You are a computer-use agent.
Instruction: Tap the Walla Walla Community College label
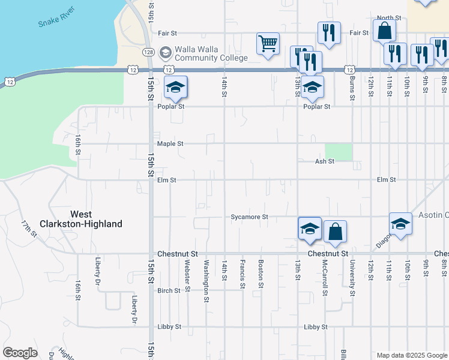click(210, 54)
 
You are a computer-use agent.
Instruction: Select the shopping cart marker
click(268, 44)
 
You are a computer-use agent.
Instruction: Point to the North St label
click(389, 19)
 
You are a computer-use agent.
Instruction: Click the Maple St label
click(170, 144)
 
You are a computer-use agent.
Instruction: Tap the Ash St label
click(324, 161)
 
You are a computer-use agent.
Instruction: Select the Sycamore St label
click(249, 216)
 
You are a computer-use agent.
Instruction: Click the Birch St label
click(169, 291)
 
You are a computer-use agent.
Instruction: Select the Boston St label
click(261, 274)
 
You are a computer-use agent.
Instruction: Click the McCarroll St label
click(324, 278)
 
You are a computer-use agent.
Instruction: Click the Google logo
click(20, 353)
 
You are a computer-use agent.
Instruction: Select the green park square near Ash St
click(339, 152)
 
